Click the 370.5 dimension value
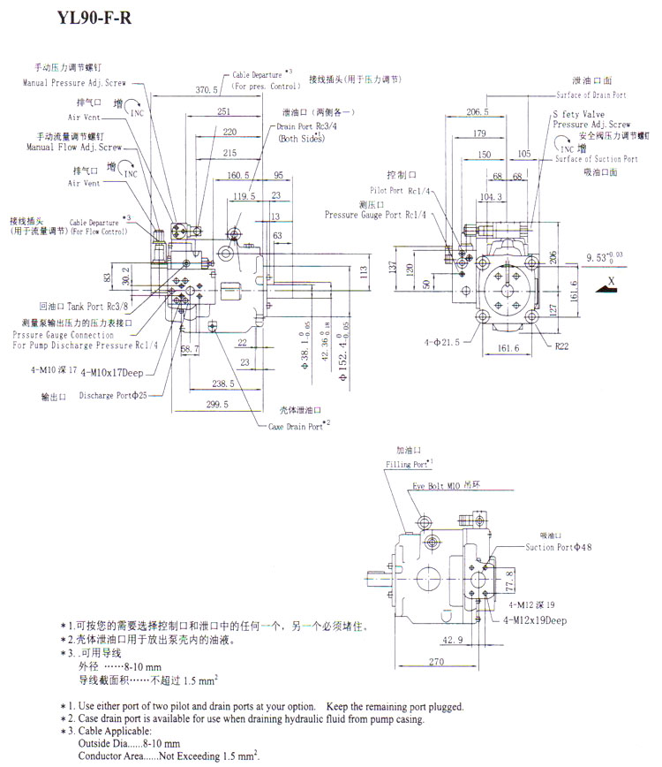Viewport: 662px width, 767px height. point(207,89)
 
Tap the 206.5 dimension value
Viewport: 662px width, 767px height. point(478,112)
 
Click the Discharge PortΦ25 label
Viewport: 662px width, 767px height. point(113,396)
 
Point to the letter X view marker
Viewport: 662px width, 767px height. point(610,279)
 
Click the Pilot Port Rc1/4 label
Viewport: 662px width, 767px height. point(399,190)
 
